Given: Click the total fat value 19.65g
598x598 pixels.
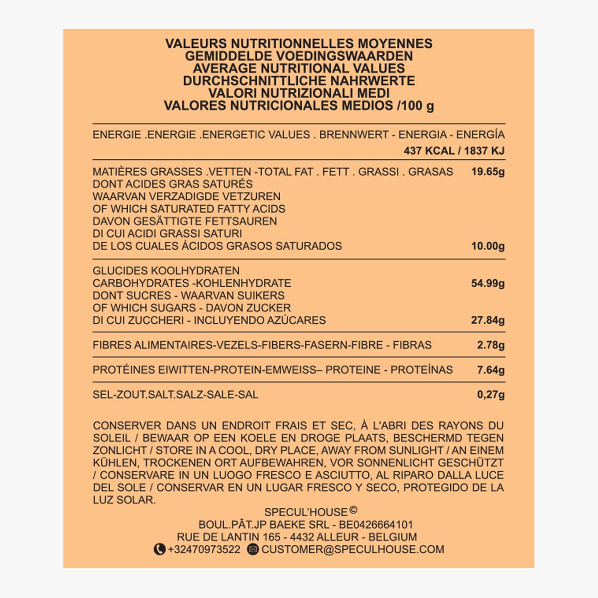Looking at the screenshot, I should coord(488,172).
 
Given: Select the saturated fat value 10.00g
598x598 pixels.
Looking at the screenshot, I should coord(488,246).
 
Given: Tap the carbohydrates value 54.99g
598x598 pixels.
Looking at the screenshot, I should coord(488,283).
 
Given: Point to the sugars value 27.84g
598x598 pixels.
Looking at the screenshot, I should coord(488,320).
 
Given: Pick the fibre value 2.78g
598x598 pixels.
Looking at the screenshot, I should coord(490,345).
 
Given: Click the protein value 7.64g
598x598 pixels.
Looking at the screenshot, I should coord(490,370).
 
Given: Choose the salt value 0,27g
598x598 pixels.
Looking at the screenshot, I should coord(490,395).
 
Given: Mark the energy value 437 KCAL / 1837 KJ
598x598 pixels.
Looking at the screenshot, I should coord(454,151).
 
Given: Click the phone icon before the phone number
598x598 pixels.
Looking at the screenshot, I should coord(159,549).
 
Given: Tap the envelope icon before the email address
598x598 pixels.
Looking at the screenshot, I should coord(253,549).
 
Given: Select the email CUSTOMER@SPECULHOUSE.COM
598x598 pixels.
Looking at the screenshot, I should coord(352,549).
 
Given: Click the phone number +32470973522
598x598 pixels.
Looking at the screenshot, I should coord(204,549).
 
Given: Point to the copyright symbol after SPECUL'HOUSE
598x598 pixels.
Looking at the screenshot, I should coord(353,509).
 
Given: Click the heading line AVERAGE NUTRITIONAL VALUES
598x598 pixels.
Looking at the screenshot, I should coord(299,68).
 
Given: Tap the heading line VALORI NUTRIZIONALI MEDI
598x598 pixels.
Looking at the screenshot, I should coord(299,93).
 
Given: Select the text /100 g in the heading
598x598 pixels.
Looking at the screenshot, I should coord(415,106).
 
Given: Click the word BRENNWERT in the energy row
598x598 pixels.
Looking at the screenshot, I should coord(354,135).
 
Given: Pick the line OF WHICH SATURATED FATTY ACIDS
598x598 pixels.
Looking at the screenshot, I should coord(189,209).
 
